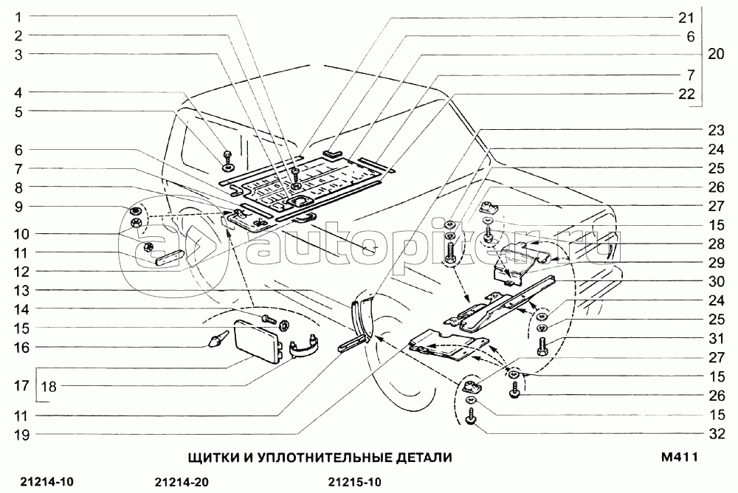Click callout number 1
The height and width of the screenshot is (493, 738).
[x=18, y=16]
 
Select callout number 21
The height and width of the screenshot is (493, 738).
[x=687, y=17]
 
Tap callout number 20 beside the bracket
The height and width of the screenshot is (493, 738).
[x=716, y=54]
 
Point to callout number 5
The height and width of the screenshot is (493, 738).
[x=18, y=111]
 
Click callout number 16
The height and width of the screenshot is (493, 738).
[x=18, y=346]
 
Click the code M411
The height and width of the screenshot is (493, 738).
[x=680, y=458]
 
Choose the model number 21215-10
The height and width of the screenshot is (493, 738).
[x=354, y=483]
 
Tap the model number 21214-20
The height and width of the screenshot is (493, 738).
[x=183, y=483]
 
